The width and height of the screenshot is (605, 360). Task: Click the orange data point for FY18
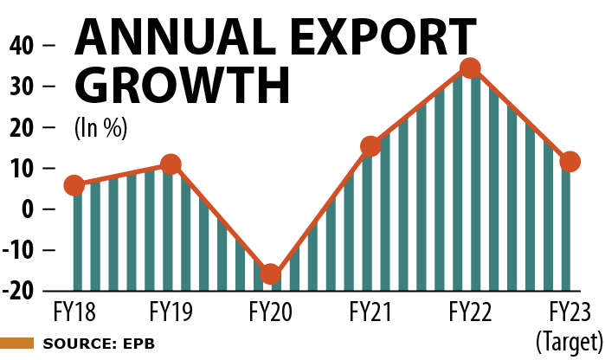74,185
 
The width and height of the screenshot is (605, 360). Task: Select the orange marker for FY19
171,164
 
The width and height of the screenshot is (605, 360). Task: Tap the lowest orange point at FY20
271,274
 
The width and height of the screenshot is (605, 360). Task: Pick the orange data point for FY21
370,146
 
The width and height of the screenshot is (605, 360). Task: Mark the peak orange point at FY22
470,68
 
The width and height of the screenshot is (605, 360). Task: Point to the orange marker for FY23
570,162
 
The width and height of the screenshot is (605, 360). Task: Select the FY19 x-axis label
171,309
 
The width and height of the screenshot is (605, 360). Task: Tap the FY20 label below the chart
271,309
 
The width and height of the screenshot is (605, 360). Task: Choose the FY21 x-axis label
370,309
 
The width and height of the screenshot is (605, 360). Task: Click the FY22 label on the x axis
470,309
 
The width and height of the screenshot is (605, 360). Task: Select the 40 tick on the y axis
23,45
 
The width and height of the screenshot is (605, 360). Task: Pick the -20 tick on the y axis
19,291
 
